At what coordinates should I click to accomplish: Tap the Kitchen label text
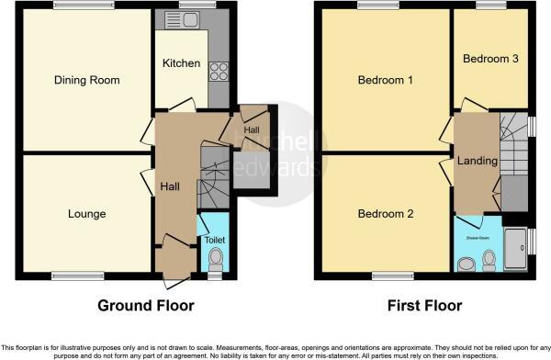pos(181,63)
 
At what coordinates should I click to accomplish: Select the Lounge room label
pos(86,214)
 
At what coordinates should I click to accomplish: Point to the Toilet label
pos(214,240)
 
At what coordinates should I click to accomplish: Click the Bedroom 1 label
pos(385,80)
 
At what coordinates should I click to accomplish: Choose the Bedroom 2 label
pos(385,214)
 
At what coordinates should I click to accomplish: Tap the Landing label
pos(477,162)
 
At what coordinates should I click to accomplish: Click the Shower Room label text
pos(476,235)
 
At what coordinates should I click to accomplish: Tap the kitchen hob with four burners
pos(219,71)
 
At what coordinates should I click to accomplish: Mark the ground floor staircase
pos(214,179)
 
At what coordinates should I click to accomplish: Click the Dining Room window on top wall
pos(84,6)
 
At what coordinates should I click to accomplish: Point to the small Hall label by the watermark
pos(251,131)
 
